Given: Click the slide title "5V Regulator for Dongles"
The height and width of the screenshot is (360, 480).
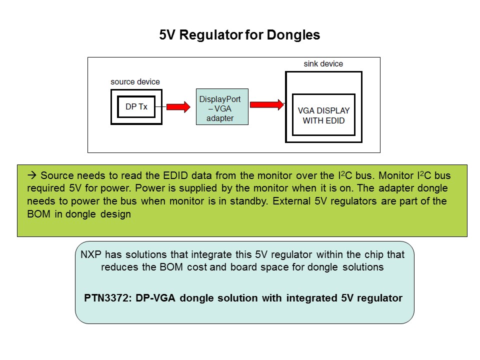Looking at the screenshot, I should coord(239,35).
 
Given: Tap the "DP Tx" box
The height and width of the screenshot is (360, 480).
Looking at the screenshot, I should coord(136,106).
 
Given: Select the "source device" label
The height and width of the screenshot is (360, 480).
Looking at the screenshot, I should coord(135,81).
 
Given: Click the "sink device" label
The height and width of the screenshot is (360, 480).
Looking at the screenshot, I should coord(323,64).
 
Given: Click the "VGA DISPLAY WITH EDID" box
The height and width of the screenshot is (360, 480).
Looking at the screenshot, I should coord(323,115).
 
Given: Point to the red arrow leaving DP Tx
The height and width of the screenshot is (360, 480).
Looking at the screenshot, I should coord(178,106).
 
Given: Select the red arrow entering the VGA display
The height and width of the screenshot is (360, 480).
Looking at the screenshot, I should coord(267,104).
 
